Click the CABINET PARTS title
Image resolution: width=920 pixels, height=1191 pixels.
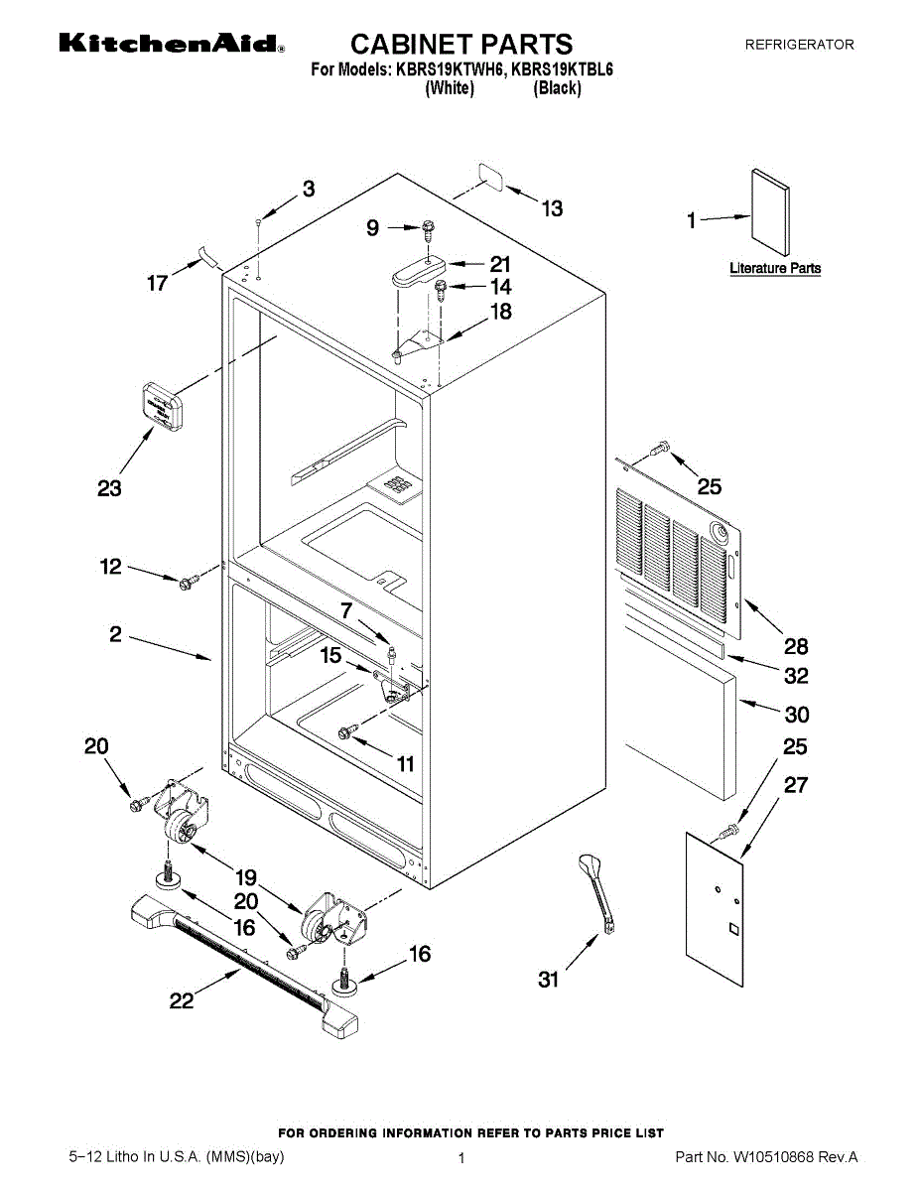coord(461,44)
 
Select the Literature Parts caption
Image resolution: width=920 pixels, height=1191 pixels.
coord(774,268)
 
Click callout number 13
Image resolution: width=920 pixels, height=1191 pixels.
coord(551,208)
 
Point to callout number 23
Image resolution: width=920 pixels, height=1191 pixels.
coord(109,488)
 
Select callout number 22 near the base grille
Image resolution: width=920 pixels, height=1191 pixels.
coord(181,1001)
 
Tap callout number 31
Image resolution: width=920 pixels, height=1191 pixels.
coord(549,980)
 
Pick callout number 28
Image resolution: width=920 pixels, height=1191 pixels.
coord(796,647)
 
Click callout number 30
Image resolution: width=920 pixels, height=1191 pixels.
coord(796,714)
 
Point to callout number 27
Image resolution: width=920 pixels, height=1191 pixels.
coord(796,785)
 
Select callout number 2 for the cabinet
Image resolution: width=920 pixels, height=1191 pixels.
coord(115,634)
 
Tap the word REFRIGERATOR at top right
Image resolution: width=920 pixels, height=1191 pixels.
coord(799,45)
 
